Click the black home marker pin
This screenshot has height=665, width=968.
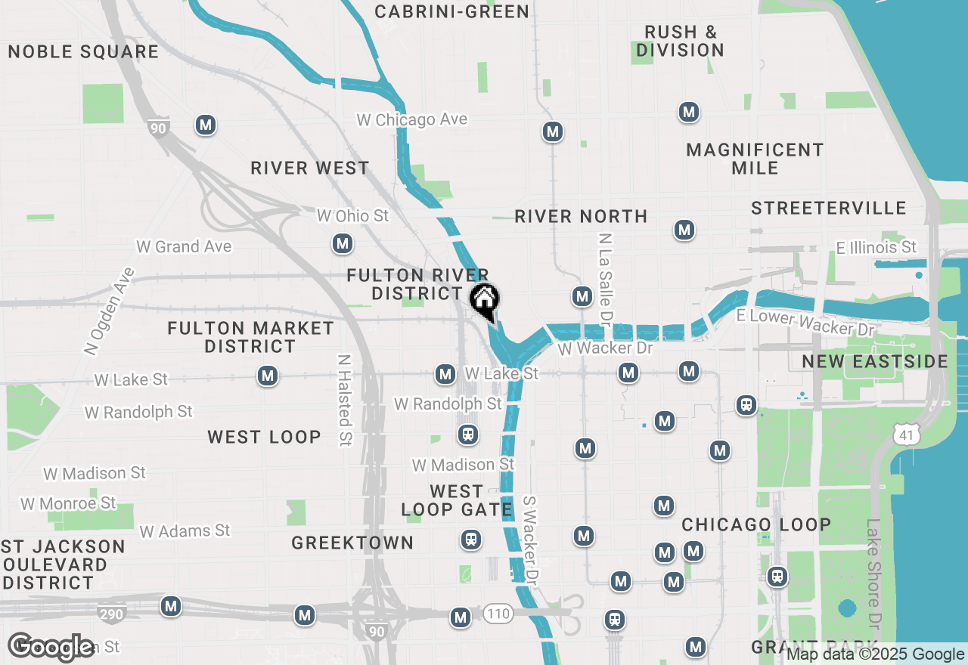tap(484, 301)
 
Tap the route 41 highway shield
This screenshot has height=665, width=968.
tap(905, 434)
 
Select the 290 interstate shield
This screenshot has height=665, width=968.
tap(111, 614)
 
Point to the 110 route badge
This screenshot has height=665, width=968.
tap(498, 614)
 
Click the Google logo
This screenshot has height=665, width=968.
tap(52, 647)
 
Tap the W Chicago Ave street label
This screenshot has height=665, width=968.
tap(412, 119)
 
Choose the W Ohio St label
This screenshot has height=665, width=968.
tap(352, 216)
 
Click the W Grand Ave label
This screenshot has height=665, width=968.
tap(184, 246)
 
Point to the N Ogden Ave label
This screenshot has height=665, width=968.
tap(103, 311)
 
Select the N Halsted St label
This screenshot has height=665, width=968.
tap(345, 400)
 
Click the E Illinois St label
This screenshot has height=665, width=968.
tap(876, 247)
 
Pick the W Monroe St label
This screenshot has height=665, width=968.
tap(68, 503)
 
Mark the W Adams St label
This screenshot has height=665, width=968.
tap(185, 531)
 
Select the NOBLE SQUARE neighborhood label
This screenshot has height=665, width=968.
tap(83, 51)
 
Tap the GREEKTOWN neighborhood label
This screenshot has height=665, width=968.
tap(352, 543)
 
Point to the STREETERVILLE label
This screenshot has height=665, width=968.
tap(828, 208)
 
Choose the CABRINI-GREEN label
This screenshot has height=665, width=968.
tap(452, 11)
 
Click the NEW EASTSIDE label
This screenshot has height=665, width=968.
tap(875, 361)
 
